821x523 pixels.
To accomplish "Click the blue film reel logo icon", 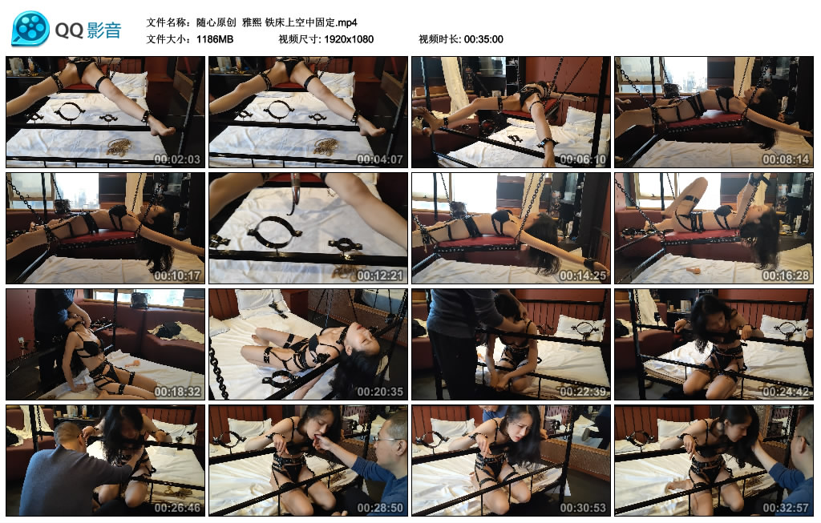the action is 30,29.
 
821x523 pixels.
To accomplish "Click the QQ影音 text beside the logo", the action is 88,30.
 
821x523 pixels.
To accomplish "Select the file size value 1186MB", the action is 215,39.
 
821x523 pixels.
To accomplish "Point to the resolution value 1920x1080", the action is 349,39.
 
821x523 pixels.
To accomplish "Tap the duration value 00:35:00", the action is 483,39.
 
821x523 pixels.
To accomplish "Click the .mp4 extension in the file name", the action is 346,22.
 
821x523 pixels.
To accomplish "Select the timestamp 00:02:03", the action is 177,159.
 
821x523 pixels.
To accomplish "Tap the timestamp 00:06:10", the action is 583,159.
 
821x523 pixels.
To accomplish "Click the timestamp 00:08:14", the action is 786,159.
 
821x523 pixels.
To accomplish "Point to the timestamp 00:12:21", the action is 380,275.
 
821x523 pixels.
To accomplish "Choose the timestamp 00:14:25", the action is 583,275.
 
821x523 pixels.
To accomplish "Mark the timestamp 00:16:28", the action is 786,275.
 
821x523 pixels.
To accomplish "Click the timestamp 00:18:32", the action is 177,391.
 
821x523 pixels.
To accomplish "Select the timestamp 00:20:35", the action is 380,391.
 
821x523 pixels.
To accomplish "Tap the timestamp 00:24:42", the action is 786,391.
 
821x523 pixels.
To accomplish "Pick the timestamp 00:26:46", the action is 177,507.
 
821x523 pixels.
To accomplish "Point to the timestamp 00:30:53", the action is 583,507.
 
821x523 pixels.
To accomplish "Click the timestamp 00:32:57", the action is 786,507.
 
